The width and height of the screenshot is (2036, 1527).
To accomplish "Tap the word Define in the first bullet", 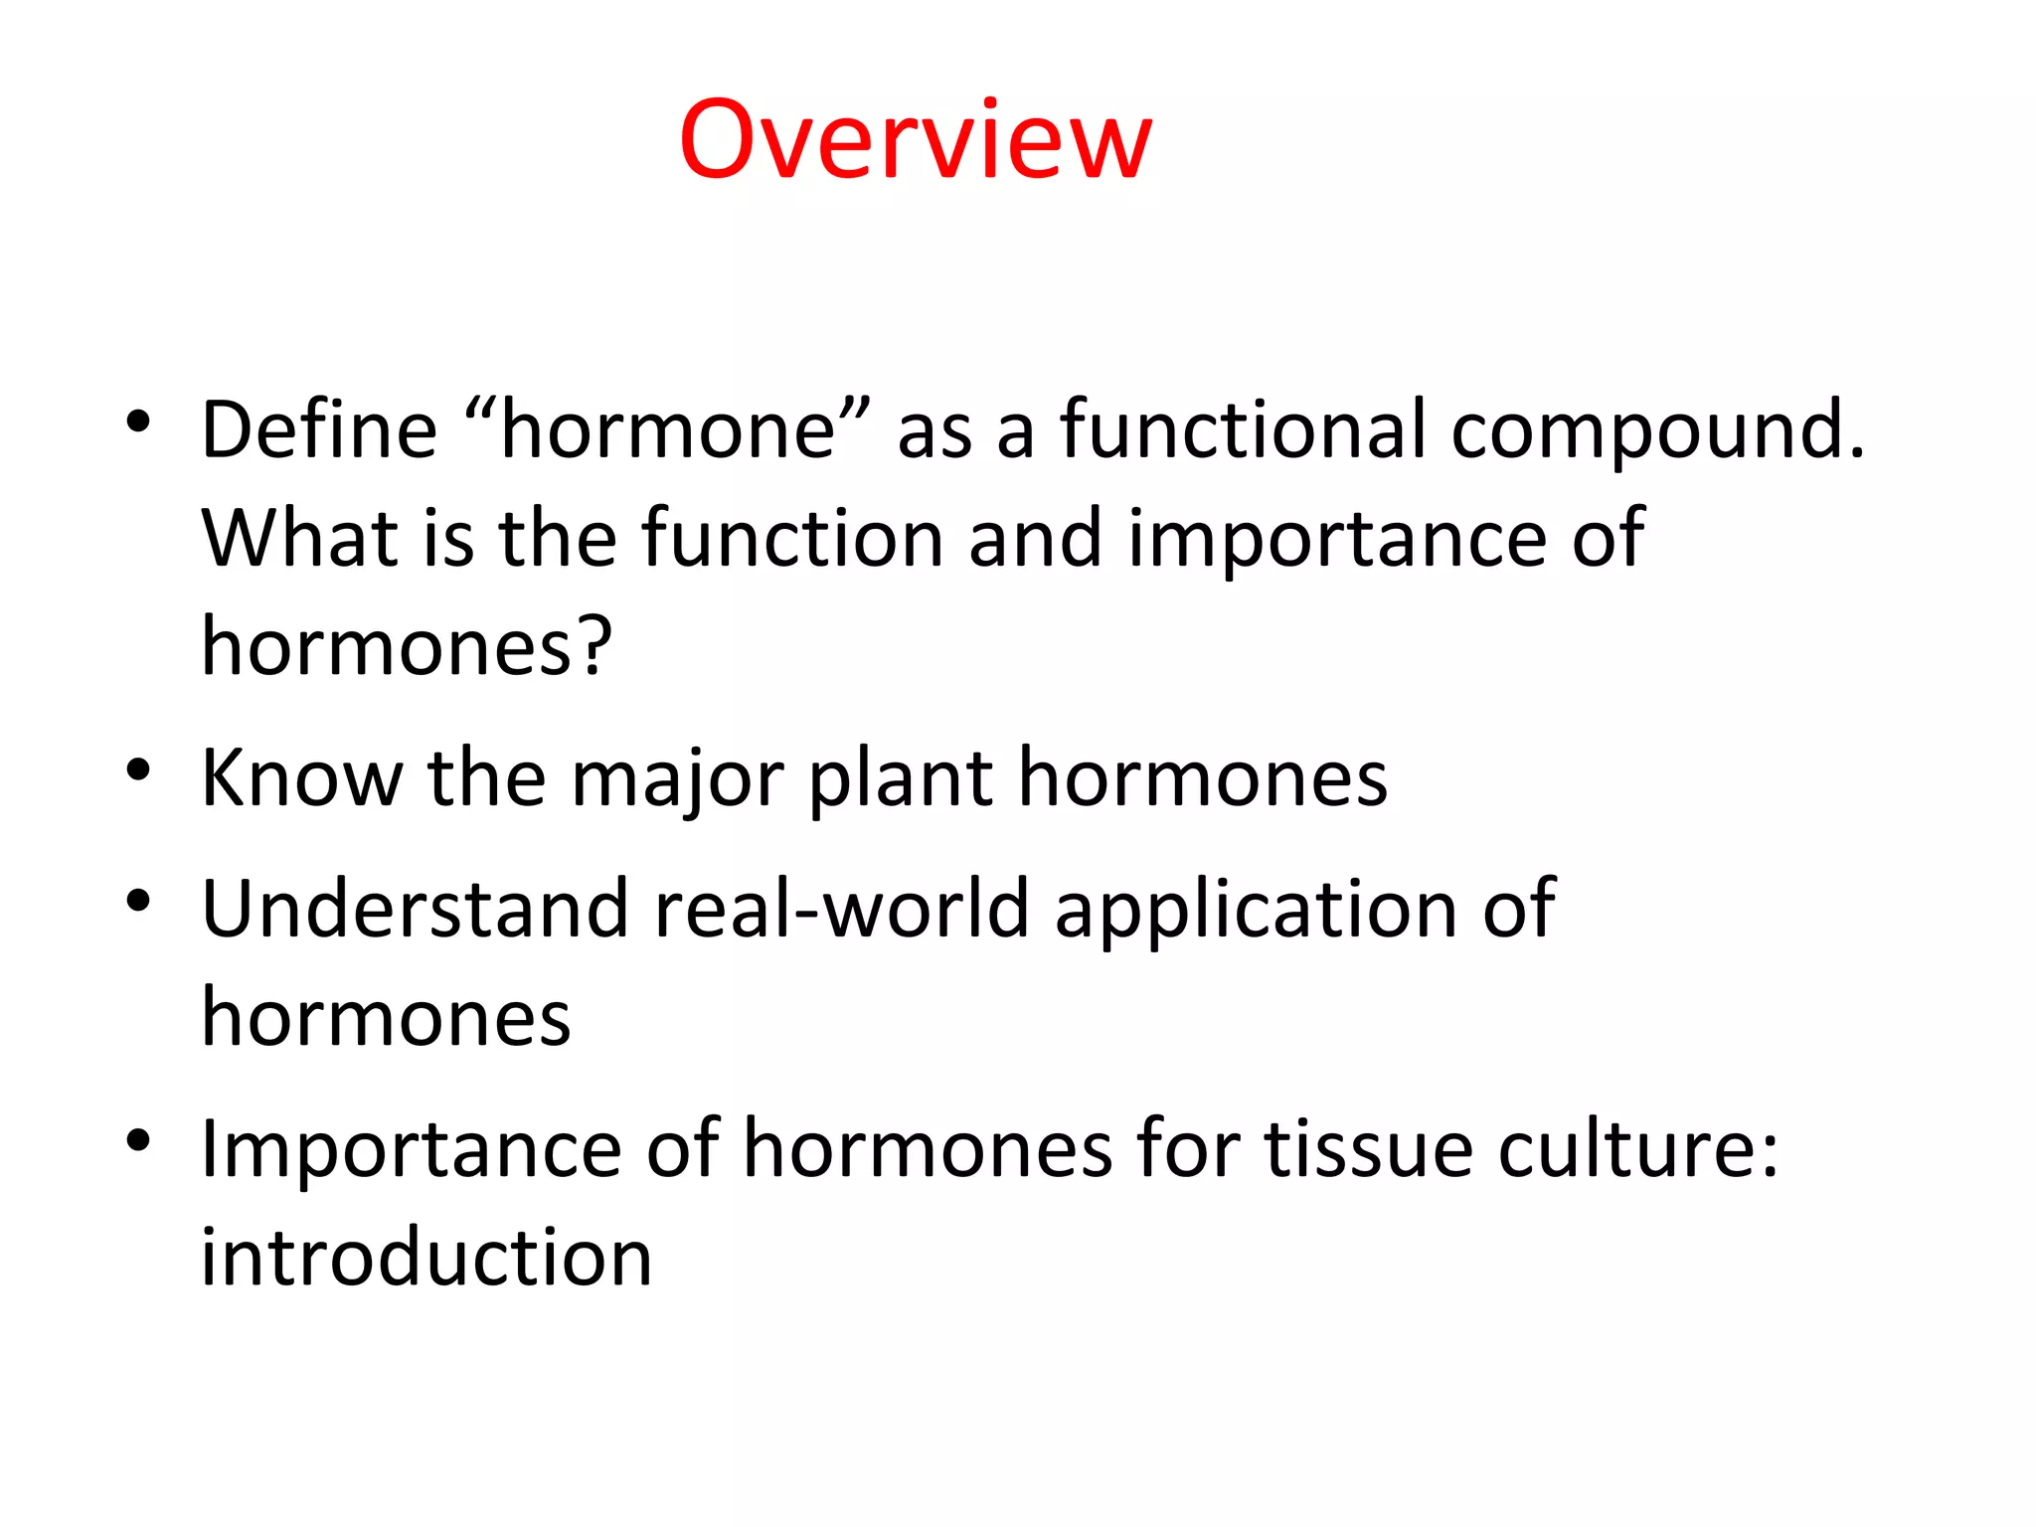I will click(x=319, y=429).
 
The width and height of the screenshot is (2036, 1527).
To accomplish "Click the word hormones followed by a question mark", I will click(x=407, y=646).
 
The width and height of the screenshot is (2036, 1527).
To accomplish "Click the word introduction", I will click(x=426, y=1258).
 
